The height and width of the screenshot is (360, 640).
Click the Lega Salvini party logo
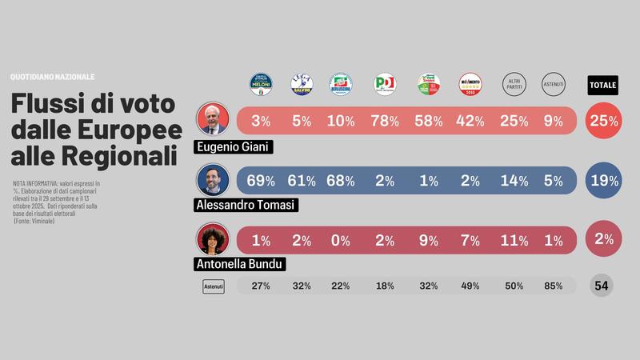click(302, 85)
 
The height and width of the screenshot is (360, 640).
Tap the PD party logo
click(385, 85)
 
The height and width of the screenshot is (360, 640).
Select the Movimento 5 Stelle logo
click(470, 85)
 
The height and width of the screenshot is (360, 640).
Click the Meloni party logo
click(261, 85)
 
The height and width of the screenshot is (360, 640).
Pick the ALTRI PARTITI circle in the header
click(513, 85)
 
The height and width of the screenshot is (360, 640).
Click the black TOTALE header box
click(602, 85)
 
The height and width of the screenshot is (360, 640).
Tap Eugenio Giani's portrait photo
click(214, 120)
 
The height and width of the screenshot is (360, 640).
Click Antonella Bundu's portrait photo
click(214, 239)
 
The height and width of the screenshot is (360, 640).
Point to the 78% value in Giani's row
click(385, 121)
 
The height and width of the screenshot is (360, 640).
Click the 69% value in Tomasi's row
click(261, 181)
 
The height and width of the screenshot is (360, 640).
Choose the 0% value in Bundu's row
click(342, 240)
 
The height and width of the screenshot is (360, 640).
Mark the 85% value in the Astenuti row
click(554, 286)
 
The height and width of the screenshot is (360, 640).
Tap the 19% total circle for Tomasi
click(603, 181)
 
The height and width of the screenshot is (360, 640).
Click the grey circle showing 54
click(602, 286)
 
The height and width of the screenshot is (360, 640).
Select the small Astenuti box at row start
click(214, 286)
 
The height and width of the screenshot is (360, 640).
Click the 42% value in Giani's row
click(470, 121)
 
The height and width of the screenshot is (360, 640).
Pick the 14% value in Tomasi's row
click(513, 181)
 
